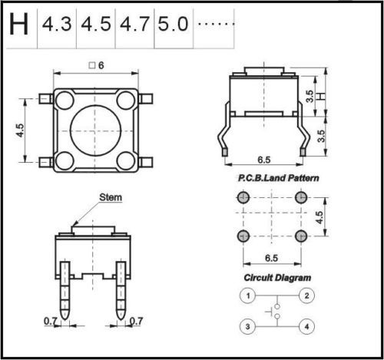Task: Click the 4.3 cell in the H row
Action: [x=57, y=25]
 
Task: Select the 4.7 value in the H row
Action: [x=134, y=25]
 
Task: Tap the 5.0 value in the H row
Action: [x=173, y=25]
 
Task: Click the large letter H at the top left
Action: [x=18, y=25]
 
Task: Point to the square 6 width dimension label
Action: [x=97, y=65]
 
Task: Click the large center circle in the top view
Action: [x=95, y=130]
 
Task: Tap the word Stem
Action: [x=111, y=197]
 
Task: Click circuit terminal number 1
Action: [x=248, y=296]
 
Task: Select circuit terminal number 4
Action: [x=306, y=327]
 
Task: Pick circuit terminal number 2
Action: [x=306, y=296]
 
